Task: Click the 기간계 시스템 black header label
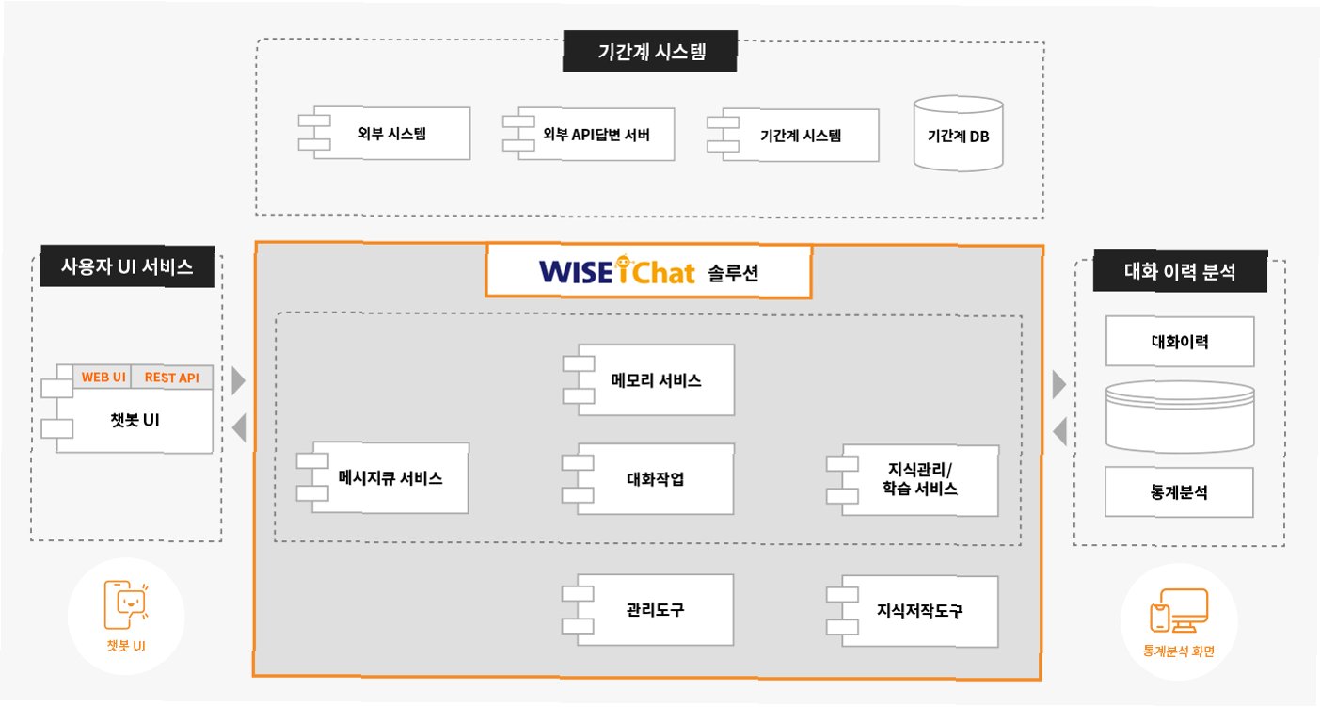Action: coord(649,52)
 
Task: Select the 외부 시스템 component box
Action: coord(391,134)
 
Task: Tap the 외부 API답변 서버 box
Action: coord(596,134)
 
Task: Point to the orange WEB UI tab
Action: coord(103,378)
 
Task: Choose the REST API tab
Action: coord(172,378)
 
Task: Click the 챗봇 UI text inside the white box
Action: coord(133,420)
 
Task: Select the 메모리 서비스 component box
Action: coord(655,380)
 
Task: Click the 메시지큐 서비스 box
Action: coord(390,477)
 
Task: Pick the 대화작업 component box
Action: coord(655,478)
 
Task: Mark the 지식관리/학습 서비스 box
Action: coord(920,479)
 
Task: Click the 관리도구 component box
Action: coord(655,609)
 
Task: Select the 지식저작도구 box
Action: coord(920,610)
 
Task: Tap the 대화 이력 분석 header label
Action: coord(1180,273)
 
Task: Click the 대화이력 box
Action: coord(1180,341)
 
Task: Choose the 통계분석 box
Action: coord(1180,491)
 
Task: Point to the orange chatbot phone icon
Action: coord(126,603)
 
